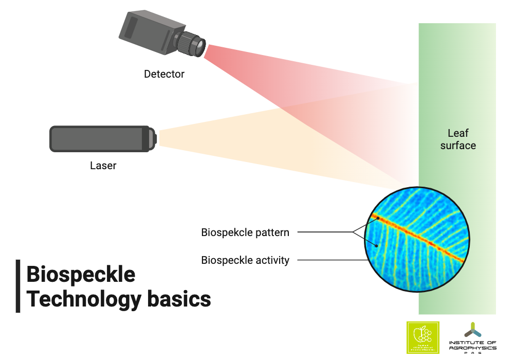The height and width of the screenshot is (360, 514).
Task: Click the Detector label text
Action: pos(164,74)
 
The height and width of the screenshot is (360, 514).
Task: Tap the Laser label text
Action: pos(103,166)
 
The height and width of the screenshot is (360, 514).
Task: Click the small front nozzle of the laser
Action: pos(154,139)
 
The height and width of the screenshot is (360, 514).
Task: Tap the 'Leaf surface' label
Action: pos(458,139)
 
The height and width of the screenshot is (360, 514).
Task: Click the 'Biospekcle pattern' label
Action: pos(245,232)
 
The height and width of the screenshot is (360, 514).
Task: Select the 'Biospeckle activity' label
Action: pos(245,260)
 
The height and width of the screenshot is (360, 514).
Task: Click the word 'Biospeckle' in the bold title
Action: pos(81,275)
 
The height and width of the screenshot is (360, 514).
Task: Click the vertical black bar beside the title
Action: pos(18,286)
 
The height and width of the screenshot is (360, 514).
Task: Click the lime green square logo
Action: pos(423,338)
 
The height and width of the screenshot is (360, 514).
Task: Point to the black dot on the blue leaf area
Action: pos(376,245)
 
